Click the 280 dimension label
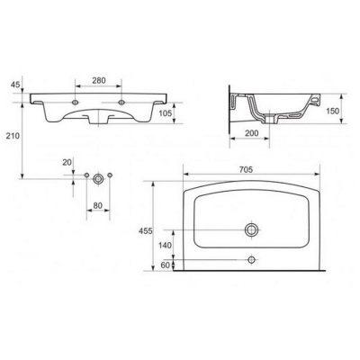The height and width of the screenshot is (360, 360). point(99,80)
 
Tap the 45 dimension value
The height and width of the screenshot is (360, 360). point(15,85)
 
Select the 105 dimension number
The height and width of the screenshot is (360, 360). point(166,113)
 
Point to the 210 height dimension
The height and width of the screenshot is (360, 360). point(13,136)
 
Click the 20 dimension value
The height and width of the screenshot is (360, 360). point(67,162)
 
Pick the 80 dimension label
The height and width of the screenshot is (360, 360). point(98,205)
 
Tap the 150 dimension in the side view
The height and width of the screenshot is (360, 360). point(332,111)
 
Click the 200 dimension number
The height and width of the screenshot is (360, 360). point(251,133)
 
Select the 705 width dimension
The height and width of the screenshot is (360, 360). point(246,169)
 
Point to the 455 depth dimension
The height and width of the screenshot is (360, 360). point(146,231)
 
